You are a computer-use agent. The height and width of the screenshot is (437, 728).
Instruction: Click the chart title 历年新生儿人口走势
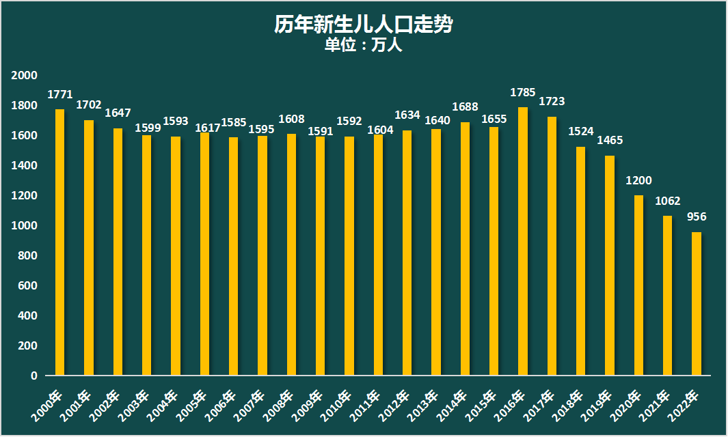coord(364,25)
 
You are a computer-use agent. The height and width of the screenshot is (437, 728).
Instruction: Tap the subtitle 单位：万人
coord(364,46)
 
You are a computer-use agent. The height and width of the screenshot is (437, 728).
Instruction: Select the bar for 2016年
coord(523,241)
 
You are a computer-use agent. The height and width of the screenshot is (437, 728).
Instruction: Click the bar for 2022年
coord(697,304)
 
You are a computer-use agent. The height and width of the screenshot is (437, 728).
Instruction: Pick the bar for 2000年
coord(60,242)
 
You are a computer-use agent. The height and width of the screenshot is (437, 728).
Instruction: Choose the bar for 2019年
coord(610,266)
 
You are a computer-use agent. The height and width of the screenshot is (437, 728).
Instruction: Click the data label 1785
coord(523,92)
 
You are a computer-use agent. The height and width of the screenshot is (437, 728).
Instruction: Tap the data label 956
coord(697,217)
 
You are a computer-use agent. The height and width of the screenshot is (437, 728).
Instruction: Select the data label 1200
coord(638,181)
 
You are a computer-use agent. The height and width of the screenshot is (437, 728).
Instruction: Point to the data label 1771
coord(60,94)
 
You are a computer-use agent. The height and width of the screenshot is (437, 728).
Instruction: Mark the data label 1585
coord(234,124)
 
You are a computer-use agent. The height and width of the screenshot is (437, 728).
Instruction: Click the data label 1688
coord(465,107)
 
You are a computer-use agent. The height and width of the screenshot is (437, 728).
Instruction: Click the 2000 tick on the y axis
coord(25,76)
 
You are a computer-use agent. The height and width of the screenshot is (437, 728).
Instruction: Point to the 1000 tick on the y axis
coord(25,226)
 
